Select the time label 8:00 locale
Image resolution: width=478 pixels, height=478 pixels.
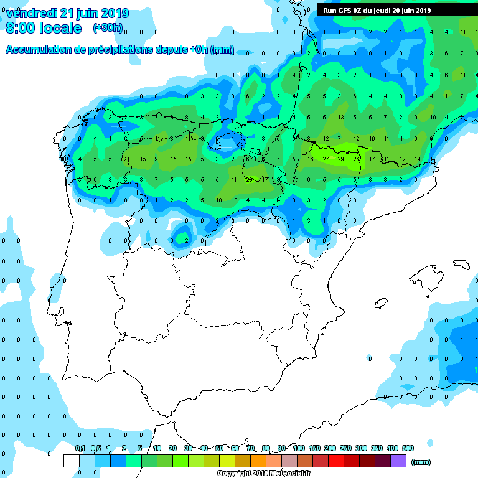point(44,29)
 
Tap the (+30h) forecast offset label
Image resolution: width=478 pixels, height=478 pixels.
point(107,27)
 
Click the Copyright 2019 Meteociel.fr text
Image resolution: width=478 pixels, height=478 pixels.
point(265,473)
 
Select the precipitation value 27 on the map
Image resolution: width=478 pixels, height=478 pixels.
point(326,159)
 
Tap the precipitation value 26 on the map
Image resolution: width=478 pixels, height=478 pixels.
point(356,159)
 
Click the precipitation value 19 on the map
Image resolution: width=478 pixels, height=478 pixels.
point(417,159)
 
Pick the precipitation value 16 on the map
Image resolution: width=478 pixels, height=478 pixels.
point(310,159)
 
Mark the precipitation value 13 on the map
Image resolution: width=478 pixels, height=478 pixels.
point(340,117)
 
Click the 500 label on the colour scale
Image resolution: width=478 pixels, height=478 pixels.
point(408,448)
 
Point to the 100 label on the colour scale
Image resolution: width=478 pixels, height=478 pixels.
point(299,448)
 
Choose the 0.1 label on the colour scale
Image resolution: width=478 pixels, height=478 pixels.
point(80,448)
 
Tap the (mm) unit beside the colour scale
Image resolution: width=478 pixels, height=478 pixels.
point(421,462)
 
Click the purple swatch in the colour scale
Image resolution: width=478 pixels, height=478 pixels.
point(398,461)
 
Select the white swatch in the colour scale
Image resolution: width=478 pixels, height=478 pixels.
point(72,461)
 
